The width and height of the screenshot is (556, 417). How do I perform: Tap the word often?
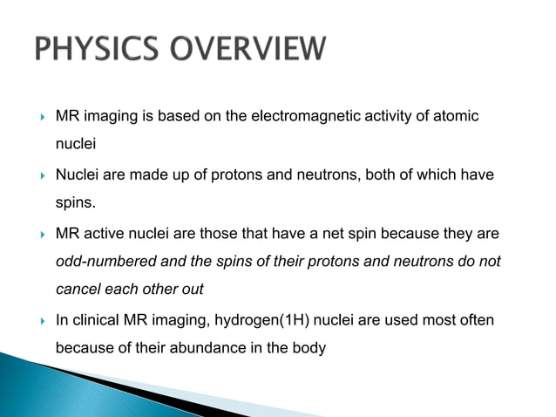476,320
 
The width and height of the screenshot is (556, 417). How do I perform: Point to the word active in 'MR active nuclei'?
106,235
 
